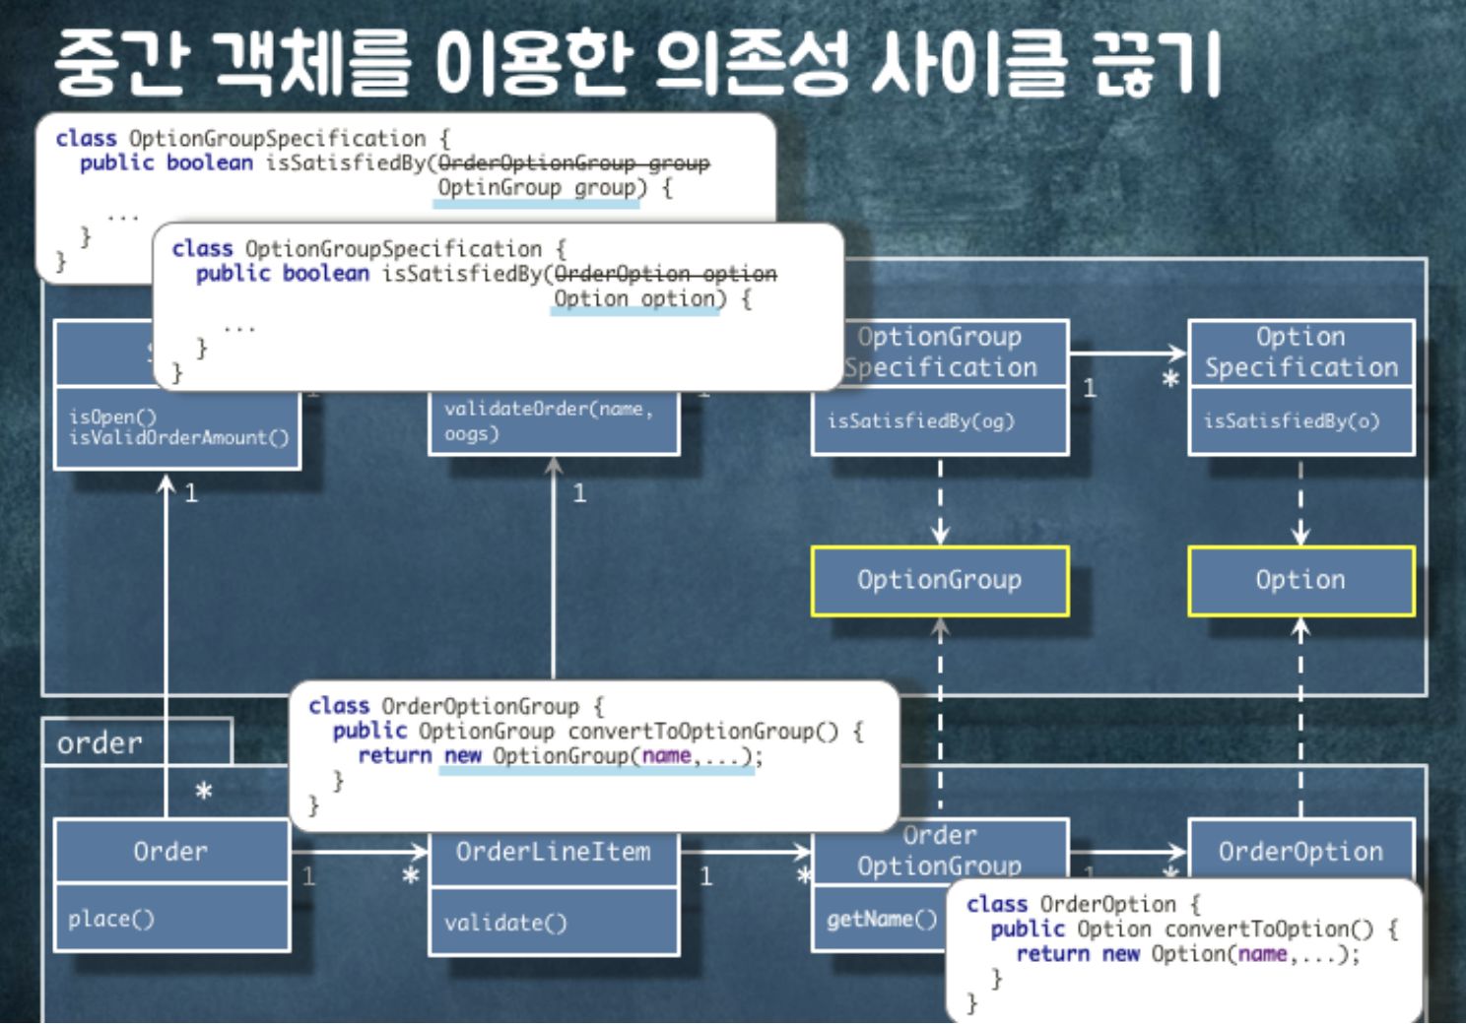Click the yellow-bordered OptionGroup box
(x=939, y=581)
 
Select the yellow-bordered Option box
(x=1300, y=581)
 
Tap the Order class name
(x=170, y=852)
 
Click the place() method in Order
(x=111, y=920)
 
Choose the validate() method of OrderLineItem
(x=505, y=924)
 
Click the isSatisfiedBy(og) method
(x=920, y=421)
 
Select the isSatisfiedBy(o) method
(x=1291, y=421)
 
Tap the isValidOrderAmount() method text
(x=178, y=438)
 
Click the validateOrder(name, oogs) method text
(x=548, y=420)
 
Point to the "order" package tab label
(x=100, y=743)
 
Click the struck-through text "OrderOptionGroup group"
(x=573, y=163)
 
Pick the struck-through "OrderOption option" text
(x=665, y=274)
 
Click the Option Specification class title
(x=1300, y=353)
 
